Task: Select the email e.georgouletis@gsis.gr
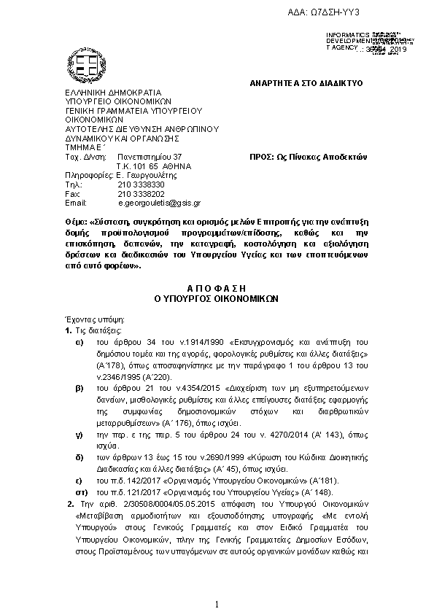point(159,203)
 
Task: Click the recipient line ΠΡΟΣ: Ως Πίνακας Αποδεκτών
point(308,157)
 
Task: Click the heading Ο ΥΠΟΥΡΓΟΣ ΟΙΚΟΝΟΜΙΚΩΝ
point(217,299)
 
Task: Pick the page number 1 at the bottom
point(217,604)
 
